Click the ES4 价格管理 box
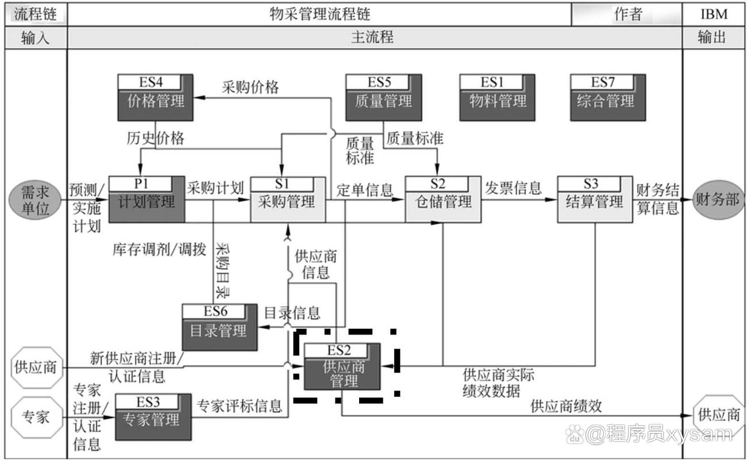pyautogui.click(x=155, y=98)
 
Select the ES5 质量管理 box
pyautogui.click(x=383, y=98)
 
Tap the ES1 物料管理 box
pyautogui.click(x=497, y=98)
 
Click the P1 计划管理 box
pyautogui.click(x=147, y=199)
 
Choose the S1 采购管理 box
pyautogui.click(x=287, y=199)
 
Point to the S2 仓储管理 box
pyautogui.click(x=443, y=199)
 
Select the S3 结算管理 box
pyautogui.click(x=594, y=199)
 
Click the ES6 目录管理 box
pyautogui.click(x=220, y=327)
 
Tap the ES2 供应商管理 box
pyautogui.click(x=342, y=368)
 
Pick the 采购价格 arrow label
pyautogui.click(x=251, y=87)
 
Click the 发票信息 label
pyautogui.click(x=514, y=187)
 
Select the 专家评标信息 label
pyautogui.click(x=240, y=406)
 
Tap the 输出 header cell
pyautogui.click(x=713, y=38)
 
